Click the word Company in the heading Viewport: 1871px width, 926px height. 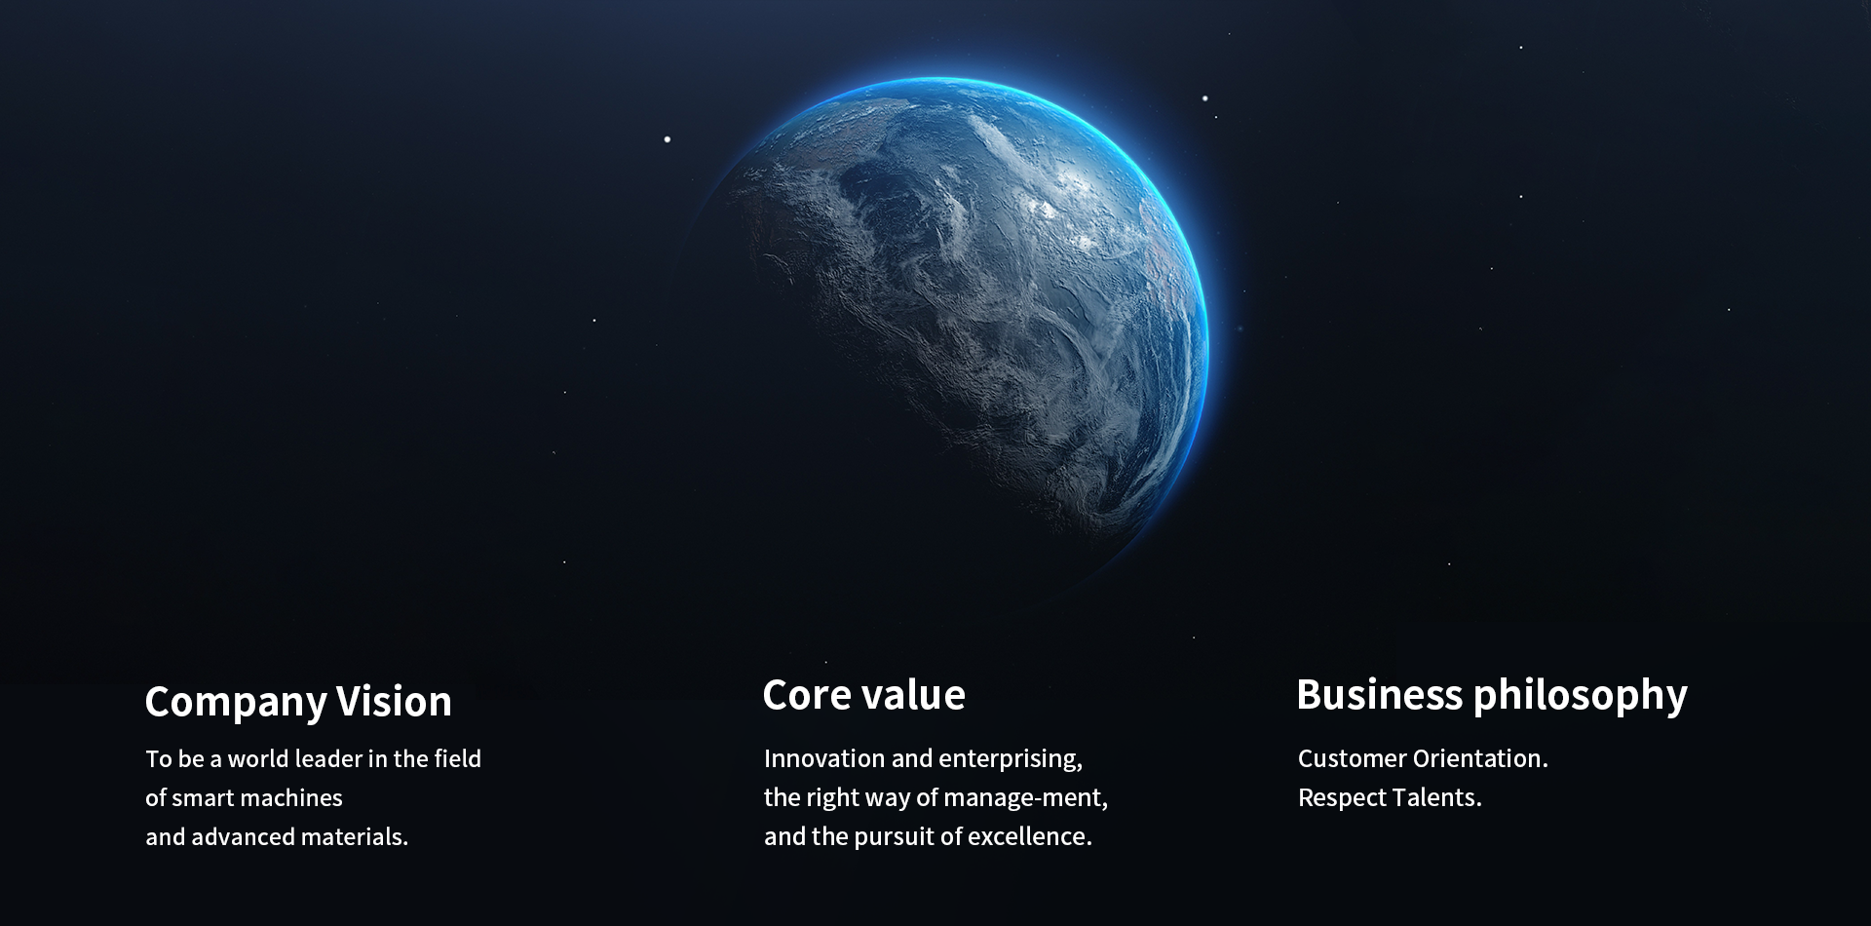[x=236, y=703]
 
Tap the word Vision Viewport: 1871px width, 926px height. [x=394, y=701]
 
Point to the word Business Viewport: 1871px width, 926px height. [x=1380, y=695]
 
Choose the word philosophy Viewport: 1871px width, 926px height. [x=1581, y=697]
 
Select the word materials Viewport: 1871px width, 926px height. [x=355, y=836]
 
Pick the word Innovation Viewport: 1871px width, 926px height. [x=824, y=758]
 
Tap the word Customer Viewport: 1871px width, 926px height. [x=1353, y=758]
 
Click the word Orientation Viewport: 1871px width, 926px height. [x=1481, y=758]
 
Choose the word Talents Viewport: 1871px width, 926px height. [x=1437, y=797]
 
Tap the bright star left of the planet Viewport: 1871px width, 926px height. [x=668, y=139]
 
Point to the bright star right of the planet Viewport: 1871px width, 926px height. [x=1205, y=98]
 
